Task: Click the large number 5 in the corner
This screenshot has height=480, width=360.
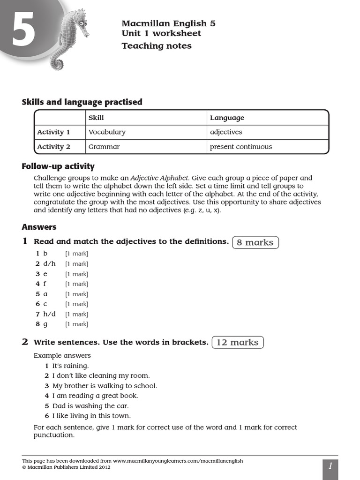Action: pos(23,29)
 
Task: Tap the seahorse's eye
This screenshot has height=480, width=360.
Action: pos(82,23)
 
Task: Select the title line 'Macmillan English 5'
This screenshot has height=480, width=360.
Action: pos(168,23)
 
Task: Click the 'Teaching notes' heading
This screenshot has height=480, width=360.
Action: pos(157,45)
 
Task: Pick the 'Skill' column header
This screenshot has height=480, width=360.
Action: pos(96,118)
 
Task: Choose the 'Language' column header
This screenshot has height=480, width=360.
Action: pos(227,118)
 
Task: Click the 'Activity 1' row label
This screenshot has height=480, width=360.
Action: pos(53,132)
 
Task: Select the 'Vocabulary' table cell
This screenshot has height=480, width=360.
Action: pos(107,132)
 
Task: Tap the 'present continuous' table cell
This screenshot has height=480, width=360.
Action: pos(241,147)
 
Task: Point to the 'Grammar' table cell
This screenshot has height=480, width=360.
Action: pos(104,147)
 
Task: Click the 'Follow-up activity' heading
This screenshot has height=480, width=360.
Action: pos(58,166)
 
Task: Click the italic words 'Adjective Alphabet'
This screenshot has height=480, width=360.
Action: pos(159,178)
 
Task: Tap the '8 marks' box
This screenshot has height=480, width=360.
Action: pos(255,242)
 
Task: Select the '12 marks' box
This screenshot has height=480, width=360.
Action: pos(238,342)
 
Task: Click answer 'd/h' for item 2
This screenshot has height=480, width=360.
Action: pos(49,263)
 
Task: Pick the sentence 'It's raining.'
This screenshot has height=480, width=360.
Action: pos(70,366)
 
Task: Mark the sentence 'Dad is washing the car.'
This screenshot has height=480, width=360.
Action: pos(90,406)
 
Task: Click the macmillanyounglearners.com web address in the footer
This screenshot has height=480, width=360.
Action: pos(178,461)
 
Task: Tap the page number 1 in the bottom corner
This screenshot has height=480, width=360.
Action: pos(330,466)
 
